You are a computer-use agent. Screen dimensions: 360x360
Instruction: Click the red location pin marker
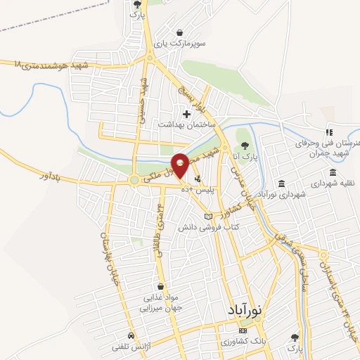tap(180, 165)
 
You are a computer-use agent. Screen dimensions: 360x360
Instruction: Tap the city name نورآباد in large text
tap(244, 309)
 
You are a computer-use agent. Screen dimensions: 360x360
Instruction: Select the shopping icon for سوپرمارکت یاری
tap(181, 32)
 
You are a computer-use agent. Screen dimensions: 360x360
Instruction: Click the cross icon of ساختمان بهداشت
tap(186, 113)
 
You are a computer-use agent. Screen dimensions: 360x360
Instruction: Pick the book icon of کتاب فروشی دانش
tap(207, 216)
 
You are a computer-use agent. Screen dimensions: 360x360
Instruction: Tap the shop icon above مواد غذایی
tap(162, 287)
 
